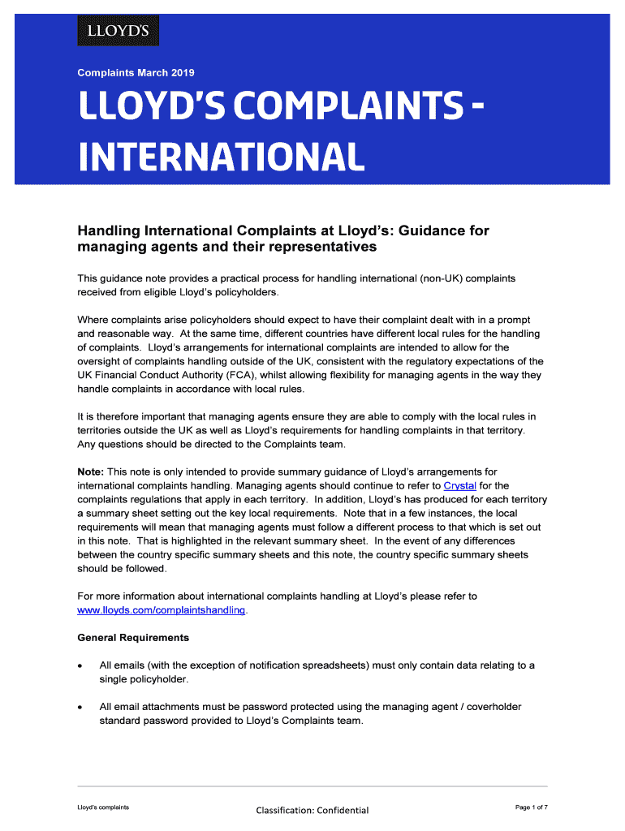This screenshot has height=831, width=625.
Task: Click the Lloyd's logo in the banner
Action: coord(118,32)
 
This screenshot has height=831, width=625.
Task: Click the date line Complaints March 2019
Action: coord(136,73)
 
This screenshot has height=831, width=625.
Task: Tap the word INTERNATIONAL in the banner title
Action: coord(220,157)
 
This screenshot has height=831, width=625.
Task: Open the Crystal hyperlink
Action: coord(460,485)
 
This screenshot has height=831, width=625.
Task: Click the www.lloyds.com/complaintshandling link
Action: coord(161,609)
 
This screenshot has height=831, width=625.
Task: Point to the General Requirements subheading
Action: coord(133,637)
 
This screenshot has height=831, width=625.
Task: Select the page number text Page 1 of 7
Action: coord(532,807)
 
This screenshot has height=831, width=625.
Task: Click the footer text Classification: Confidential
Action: coord(312,810)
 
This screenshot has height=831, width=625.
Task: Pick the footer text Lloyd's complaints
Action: coord(103,807)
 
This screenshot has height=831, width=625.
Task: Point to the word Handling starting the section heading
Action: coord(107,231)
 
